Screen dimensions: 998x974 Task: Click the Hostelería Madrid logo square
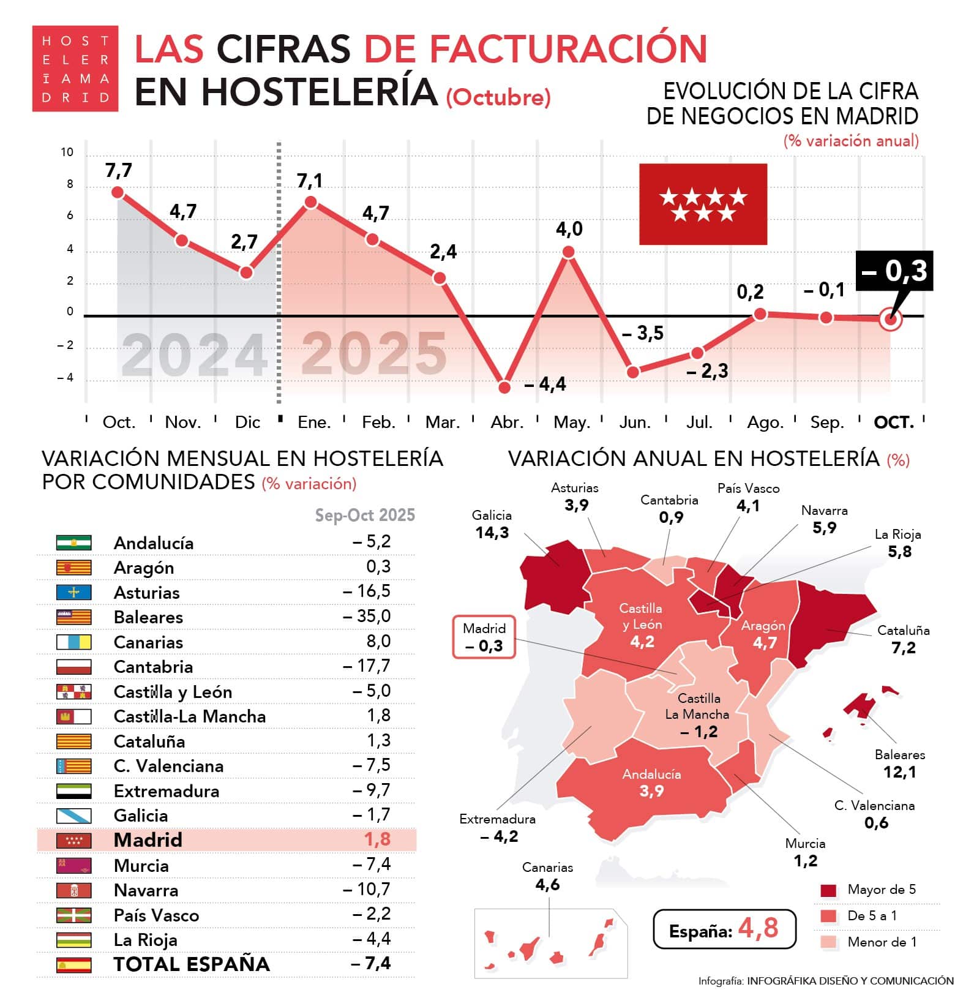[75, 69]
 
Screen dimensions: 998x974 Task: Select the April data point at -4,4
[504, 387]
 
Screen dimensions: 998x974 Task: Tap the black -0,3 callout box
[894, 271]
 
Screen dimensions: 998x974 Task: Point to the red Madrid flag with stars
[703, 204]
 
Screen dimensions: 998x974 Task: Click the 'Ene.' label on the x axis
[313, 422]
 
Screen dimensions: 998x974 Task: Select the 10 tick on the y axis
[67, 152]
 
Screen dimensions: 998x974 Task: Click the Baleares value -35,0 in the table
[367, 616]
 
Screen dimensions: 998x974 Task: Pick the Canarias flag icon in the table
[73, 642]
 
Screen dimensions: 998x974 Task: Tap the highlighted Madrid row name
[148, 839]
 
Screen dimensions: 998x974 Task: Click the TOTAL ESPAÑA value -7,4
[371, 963]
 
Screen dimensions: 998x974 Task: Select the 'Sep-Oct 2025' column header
[365, 515]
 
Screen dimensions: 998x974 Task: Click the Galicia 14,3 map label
[492, 525]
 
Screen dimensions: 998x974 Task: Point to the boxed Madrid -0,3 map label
[484, 637]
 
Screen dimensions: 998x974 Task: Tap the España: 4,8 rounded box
[724, 929]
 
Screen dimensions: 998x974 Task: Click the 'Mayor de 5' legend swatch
[828, 890]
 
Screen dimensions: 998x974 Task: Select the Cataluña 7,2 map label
[903, 639]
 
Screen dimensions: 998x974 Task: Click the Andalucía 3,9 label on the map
[651, 782]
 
